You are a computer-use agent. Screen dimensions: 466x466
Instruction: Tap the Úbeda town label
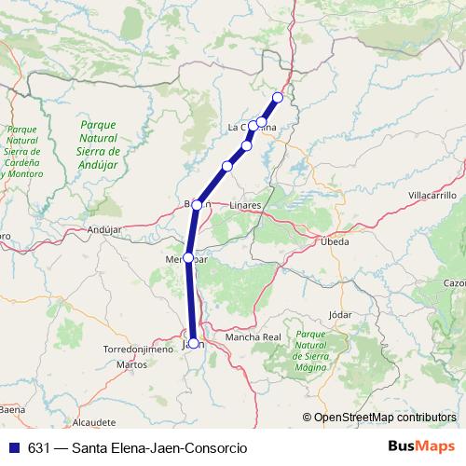click(x=334, y=241)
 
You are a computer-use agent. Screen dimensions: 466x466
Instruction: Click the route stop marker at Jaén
click(x=193, y=343)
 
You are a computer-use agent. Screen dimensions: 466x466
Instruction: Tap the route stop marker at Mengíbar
click(x=188, y=257)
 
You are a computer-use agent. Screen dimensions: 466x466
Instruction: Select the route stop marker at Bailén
click(x=198, y=204)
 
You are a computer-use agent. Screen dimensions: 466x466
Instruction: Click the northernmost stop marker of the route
click(x=277, y=97)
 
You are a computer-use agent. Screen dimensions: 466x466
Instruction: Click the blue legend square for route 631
click(x=15, y=448)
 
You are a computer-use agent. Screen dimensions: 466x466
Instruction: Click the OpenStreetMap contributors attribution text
click(x=385, y=418)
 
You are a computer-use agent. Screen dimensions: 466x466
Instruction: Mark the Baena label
click(x=11, y=409)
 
